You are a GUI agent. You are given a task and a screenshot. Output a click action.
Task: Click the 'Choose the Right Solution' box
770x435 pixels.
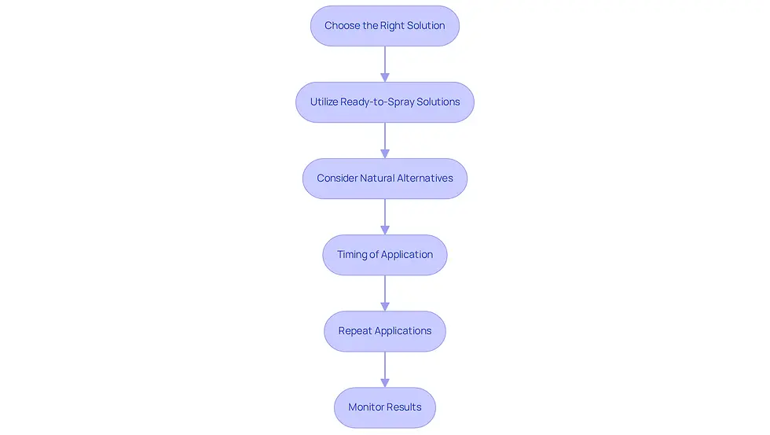(384, 26)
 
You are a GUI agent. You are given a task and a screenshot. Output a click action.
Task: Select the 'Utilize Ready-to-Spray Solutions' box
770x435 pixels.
(384, 102)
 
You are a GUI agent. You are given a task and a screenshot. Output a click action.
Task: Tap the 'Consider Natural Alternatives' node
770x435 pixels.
(384, 179)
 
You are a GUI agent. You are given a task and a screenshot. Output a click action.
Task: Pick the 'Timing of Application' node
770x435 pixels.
(384, 255)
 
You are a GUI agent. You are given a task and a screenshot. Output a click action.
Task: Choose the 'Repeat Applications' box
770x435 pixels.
(384, 331)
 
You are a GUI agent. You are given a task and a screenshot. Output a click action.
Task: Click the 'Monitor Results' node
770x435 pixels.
(384, 407)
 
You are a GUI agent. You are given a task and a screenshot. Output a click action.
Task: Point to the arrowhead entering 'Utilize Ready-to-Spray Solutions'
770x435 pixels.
(385, 78)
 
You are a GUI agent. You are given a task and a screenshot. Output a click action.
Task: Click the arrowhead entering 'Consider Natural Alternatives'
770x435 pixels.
(385, 154)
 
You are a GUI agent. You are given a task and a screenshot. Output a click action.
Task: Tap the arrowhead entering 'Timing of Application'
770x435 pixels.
(385, 230)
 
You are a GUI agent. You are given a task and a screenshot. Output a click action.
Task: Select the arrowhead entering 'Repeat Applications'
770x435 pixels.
(385, 307)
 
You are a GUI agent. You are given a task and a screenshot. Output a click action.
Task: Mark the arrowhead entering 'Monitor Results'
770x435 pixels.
(385, 383)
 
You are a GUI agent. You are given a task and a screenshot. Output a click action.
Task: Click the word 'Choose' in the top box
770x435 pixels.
(343, 25)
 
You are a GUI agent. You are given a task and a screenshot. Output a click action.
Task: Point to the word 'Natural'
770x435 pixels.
(376, 178)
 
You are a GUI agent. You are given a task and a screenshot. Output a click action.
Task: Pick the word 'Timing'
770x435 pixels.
(352, 255)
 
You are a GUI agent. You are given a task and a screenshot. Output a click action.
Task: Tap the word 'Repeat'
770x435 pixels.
(354, 331)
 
